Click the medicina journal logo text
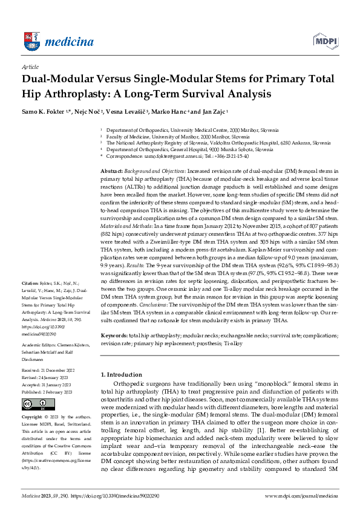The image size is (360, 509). [71, 42]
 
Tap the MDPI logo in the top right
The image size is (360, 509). [324, 41]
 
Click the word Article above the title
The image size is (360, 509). [30, 67]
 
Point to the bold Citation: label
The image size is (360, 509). [32, 282]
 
